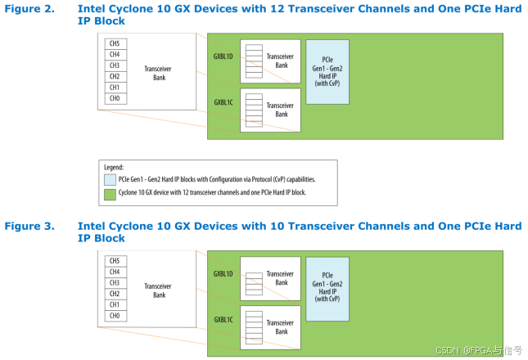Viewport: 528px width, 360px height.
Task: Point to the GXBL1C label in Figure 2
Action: [223, 102]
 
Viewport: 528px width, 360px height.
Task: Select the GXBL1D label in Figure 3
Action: [223, 273]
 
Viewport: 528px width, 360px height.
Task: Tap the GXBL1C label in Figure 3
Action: [223, 320]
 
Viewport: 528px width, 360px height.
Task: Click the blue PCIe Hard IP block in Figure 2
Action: [327, 71]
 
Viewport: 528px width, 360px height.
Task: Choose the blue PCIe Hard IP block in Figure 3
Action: [327, 288]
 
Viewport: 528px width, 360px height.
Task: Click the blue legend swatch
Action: [110, 178]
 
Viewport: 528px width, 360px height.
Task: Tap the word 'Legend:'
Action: [115, 166]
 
